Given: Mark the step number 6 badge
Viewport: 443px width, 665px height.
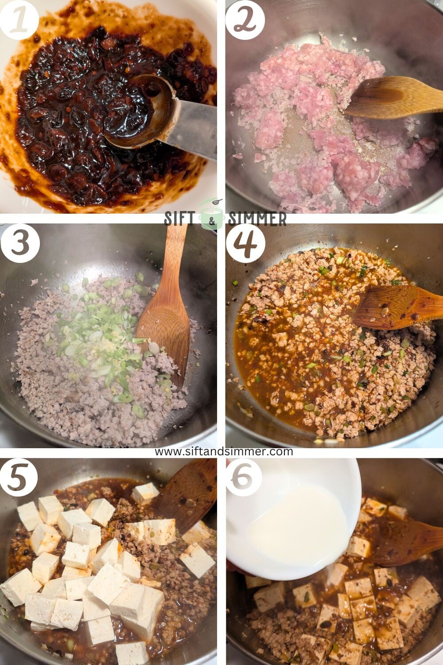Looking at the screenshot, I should pos(245,477).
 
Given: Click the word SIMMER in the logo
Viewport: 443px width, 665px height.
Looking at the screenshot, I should pos(257,219).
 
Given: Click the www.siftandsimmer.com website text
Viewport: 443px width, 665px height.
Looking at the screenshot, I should pos(224,451).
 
